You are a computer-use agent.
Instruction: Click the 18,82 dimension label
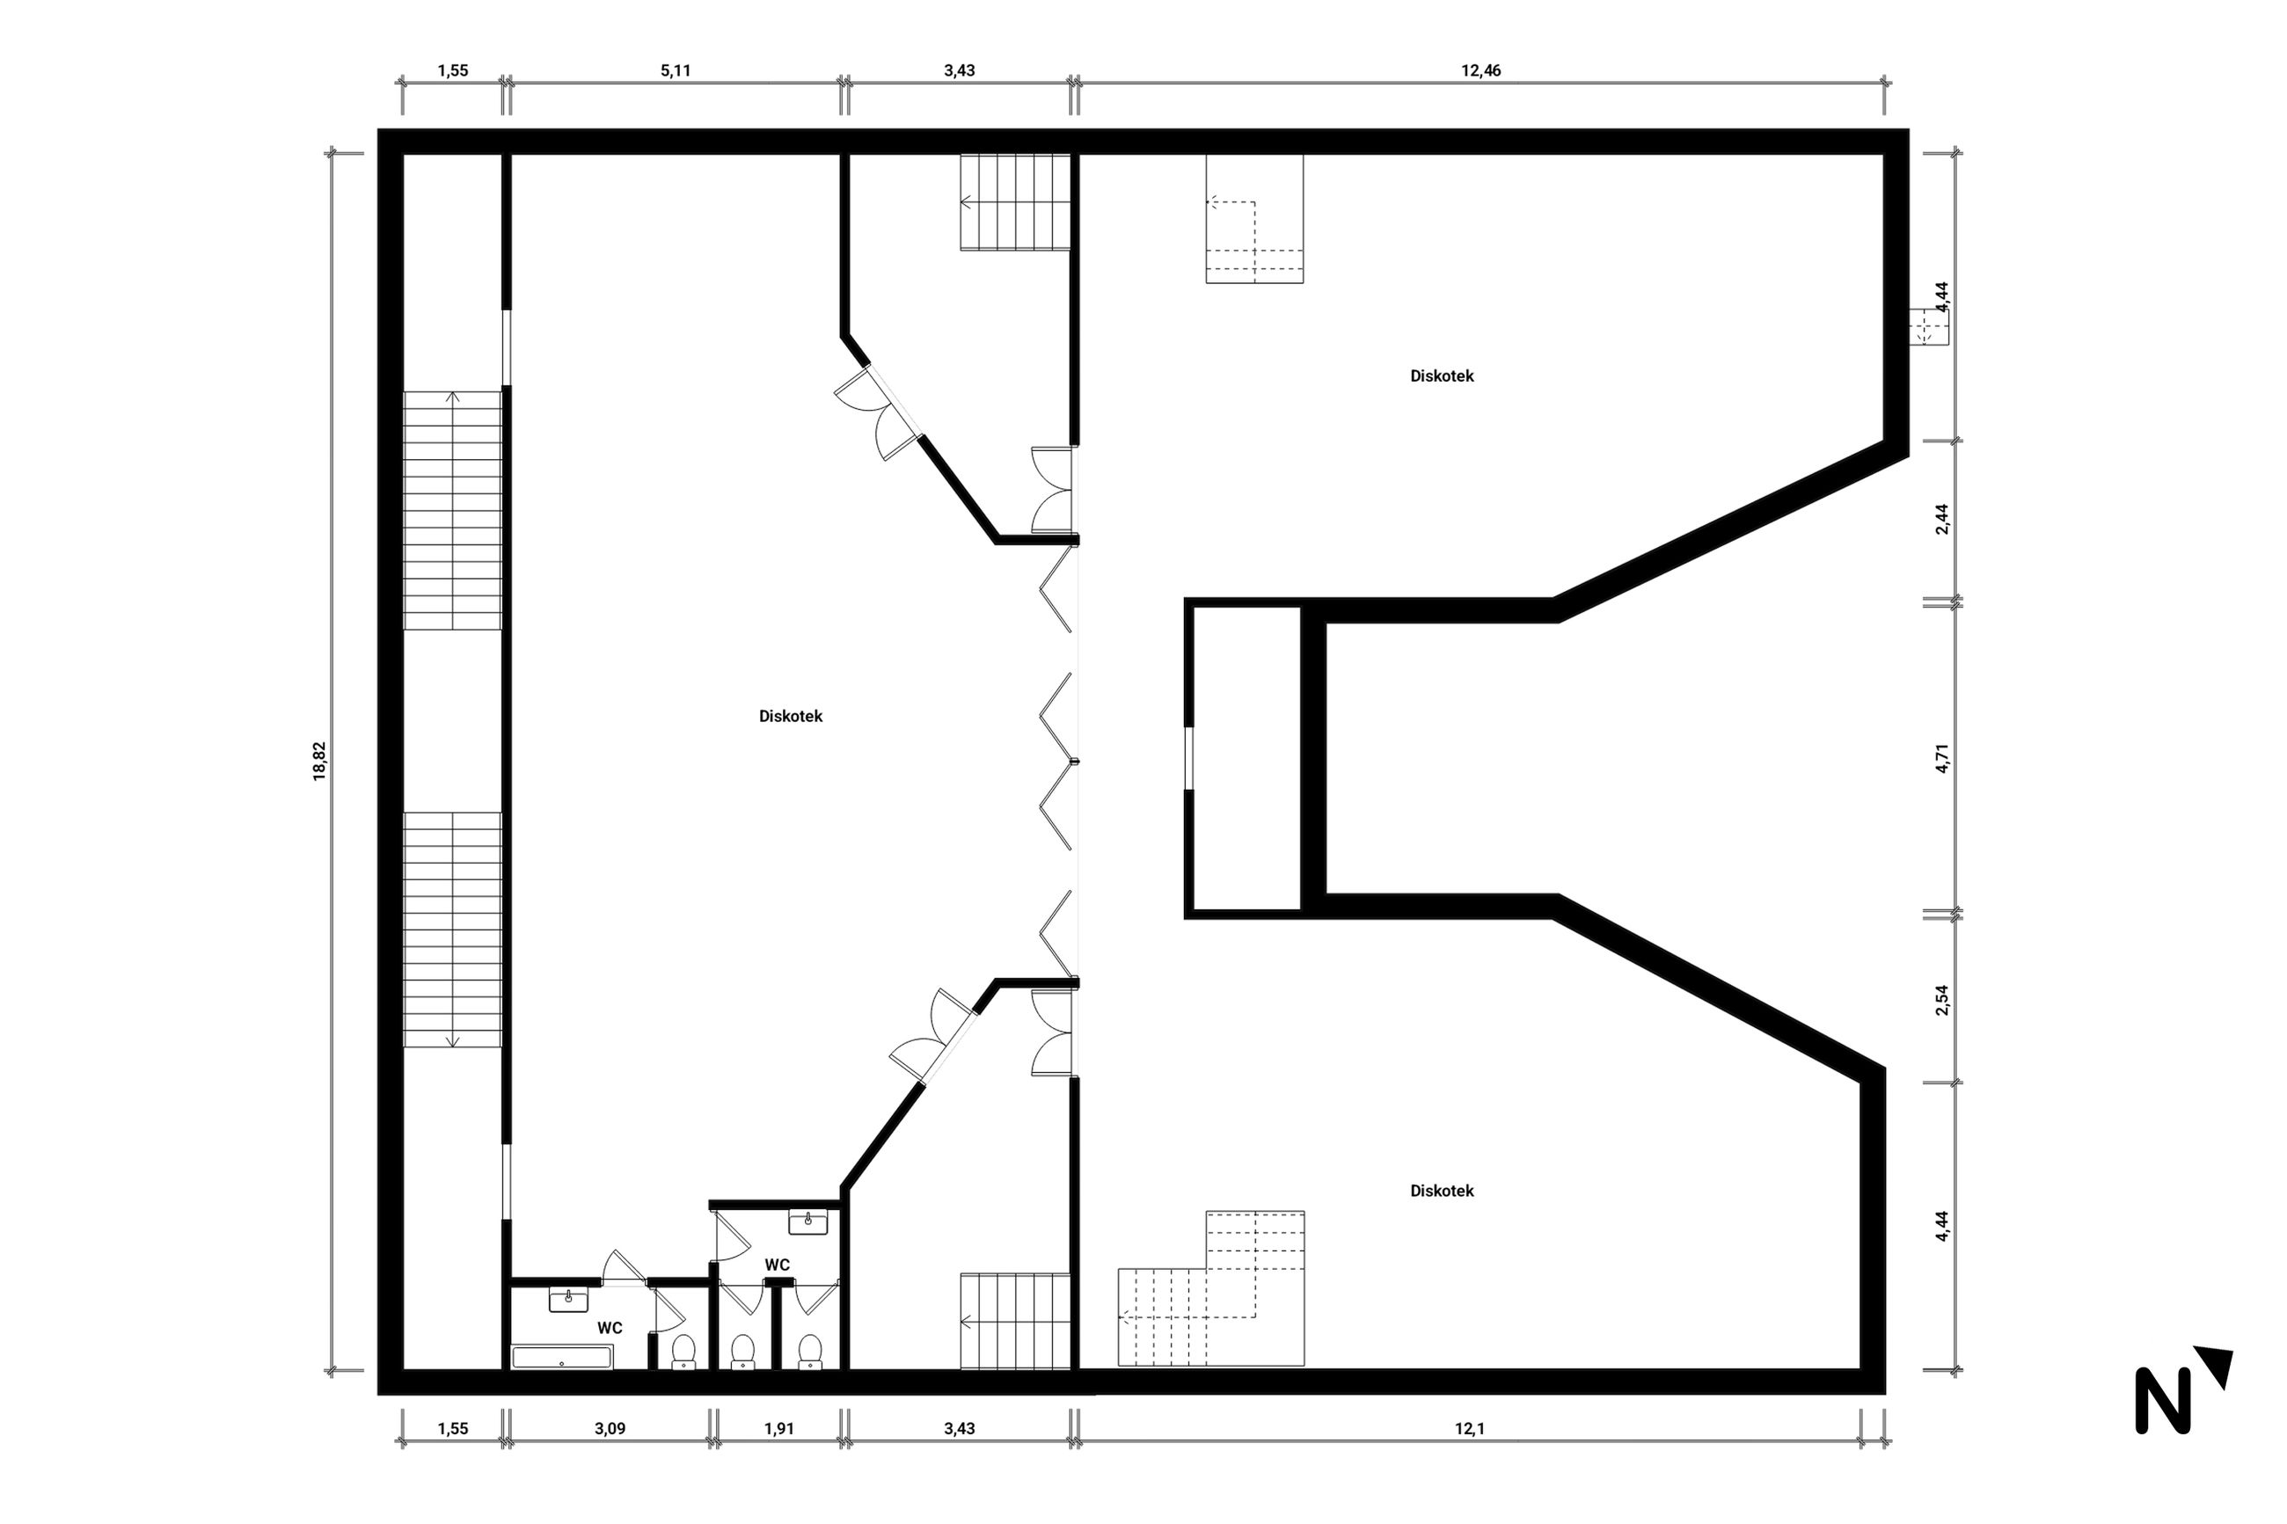(x=320, y=762)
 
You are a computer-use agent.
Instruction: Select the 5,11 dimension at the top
(x=676, y=71)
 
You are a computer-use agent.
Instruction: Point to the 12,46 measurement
(x=1481, y=71)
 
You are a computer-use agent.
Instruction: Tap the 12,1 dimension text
(x=1469, y=1429)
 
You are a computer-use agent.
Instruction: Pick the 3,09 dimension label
(x=610, y=1429)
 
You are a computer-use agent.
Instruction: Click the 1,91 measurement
(x=779, y=1429)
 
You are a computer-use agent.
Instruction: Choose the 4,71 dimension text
(x=1942, y=758)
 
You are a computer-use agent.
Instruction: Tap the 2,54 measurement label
(x=1942, y=1000)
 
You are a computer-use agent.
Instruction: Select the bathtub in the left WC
(x=562, y=1357)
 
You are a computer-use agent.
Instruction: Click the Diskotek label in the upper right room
(x=1442, y=376)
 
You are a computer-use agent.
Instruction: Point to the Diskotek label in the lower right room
(x=1442, y=1191)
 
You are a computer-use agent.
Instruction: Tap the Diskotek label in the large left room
(x=790, y=717)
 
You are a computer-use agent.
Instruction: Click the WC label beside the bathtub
(x=610, y=1328)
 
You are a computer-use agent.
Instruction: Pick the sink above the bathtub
(x=568, y=1300)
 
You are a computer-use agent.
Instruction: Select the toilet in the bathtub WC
(x=683, y=1351)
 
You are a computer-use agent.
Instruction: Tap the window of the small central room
(x=1187, y=758)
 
